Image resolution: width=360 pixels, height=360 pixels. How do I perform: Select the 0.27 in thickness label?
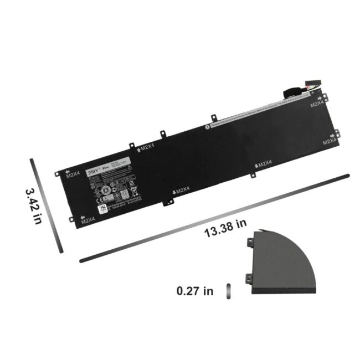tap(194, 291)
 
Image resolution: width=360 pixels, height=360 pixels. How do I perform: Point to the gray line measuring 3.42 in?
tap(45, 204)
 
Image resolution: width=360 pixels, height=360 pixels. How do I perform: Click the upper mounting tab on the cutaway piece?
tap(250, 242)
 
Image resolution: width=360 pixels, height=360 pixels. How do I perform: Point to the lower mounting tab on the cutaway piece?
tap(249, 273)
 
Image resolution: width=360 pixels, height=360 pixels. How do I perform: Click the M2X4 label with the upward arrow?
tap(145, 147)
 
